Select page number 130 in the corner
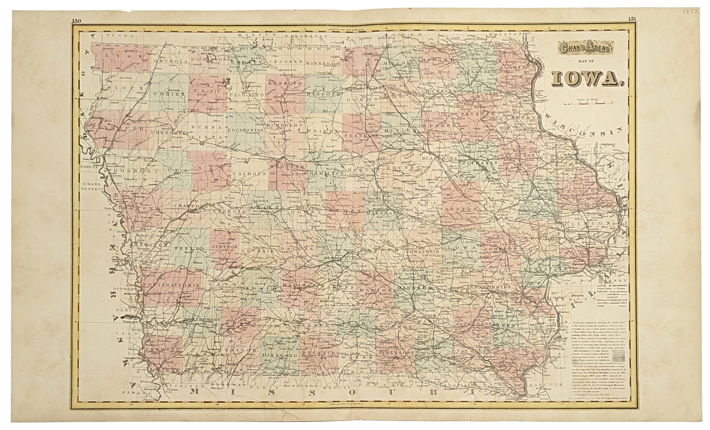coord(76,21)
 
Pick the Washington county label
coord(491,288)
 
